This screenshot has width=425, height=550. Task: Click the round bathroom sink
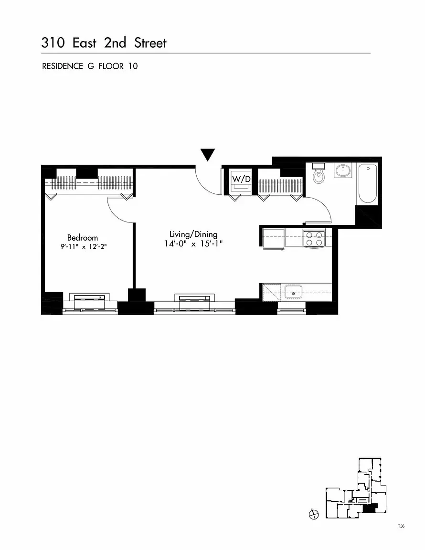pos(342,170)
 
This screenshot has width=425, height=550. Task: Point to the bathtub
pos(368,184)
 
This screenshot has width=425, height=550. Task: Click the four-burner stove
pos(314,238)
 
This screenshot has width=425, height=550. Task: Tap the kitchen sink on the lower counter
pos(293,291)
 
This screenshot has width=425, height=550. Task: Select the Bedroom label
pos(82,237)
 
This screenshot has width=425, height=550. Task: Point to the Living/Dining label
pos(193,234)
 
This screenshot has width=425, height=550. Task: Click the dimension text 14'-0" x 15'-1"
pos(193,243)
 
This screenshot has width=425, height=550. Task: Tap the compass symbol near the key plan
pos(313,515)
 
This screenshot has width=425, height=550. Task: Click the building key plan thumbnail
pos(356,489)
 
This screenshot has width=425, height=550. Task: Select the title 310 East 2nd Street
pos(104,43)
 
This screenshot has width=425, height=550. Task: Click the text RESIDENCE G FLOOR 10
pos(90,66)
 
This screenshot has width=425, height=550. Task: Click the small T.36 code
pos(401,526)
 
